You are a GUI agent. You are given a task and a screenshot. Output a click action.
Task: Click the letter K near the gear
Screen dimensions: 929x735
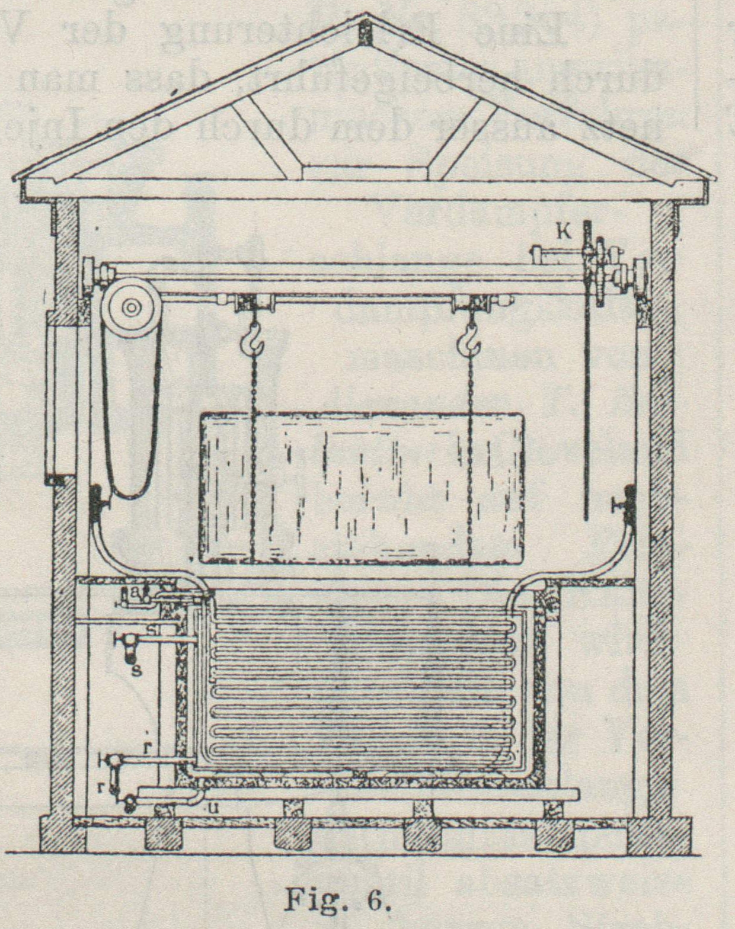(x=563, y=232)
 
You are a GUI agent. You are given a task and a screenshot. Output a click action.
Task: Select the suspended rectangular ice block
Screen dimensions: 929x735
(x=362, y=487)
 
